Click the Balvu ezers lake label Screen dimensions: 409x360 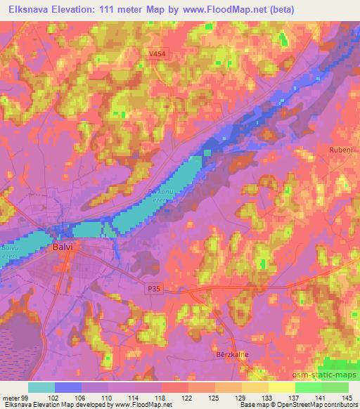10,249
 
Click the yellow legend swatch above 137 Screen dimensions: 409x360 281,387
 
